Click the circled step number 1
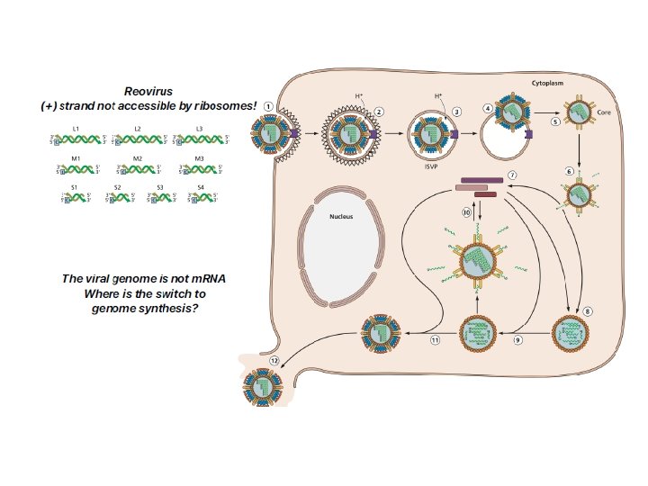click(268, 105)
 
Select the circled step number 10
click(467, 213)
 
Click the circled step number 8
click(588, 310)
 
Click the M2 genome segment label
click(137, 158)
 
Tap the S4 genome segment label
click(200, 186)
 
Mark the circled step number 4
click(487, 108)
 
